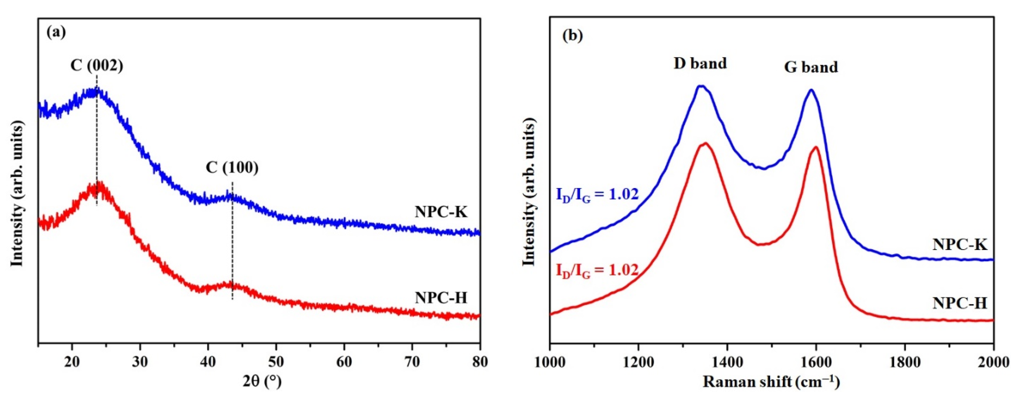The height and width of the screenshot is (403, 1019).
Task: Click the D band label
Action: click(x=700, y=63)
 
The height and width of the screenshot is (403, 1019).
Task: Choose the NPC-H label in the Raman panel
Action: click(x=960, y=304)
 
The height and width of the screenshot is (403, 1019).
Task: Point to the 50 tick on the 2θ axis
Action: click(x=276, y=362)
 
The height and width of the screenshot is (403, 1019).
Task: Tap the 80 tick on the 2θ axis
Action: click(x=480, y=362)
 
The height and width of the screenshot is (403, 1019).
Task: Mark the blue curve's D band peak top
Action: click(x=701, y=86)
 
